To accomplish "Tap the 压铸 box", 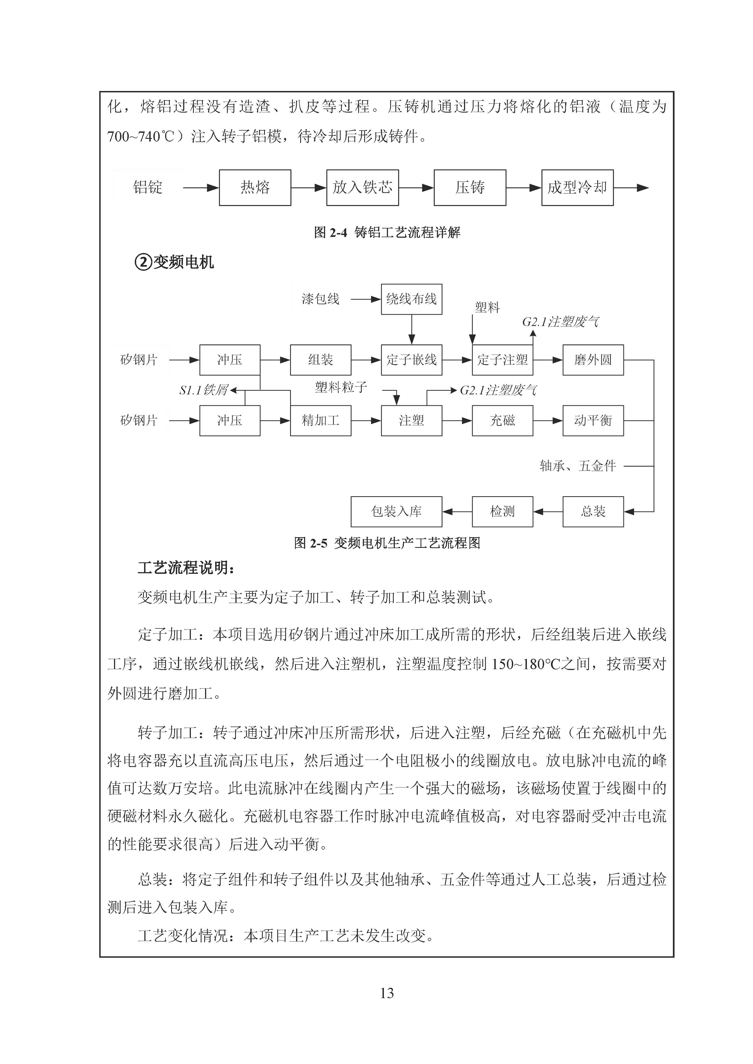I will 470,188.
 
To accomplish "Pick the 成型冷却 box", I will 577,188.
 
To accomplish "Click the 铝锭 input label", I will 147,188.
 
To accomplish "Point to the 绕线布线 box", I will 411,299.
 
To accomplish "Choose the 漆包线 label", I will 320,299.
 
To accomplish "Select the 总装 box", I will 593,512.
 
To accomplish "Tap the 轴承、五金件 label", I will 578,466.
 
